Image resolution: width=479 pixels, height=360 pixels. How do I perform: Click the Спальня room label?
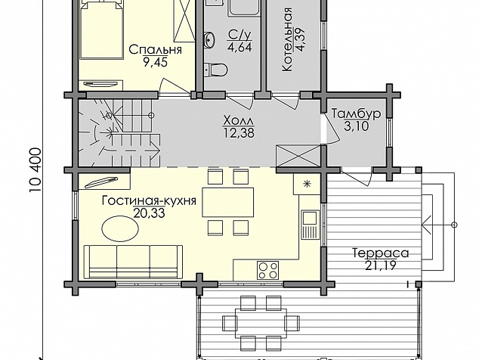(155, 50)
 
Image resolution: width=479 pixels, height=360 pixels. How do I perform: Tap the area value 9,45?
(155, 63)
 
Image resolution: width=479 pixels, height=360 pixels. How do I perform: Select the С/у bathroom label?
(239, 36)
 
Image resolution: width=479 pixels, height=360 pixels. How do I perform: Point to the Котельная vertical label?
(287, 39)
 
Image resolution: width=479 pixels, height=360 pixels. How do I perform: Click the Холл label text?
(239, 120)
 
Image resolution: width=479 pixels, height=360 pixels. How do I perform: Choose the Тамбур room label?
(356, 113)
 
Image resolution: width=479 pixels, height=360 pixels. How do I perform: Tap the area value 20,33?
(149, 213)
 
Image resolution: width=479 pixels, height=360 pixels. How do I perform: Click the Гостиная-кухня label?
(149, 200)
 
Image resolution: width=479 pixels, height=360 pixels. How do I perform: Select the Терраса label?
(380, 253)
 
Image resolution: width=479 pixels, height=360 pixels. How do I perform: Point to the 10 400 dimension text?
(36, 170)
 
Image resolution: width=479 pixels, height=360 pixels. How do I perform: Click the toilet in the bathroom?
(215, 69)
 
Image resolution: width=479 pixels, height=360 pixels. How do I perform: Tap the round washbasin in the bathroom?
(209, 39)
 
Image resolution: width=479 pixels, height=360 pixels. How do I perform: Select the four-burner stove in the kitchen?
(267, 271)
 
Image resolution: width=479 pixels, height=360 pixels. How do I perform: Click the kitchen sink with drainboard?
(311, 225)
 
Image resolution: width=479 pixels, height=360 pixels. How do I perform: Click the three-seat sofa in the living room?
(133, 262)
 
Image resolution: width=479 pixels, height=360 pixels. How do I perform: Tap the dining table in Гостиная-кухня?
(228, 202)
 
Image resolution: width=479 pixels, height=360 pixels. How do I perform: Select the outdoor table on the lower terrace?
(261, 323)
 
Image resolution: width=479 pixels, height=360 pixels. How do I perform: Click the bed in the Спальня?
(101, 29)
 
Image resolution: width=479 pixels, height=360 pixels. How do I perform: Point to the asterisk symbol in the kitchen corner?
(306, 184)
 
